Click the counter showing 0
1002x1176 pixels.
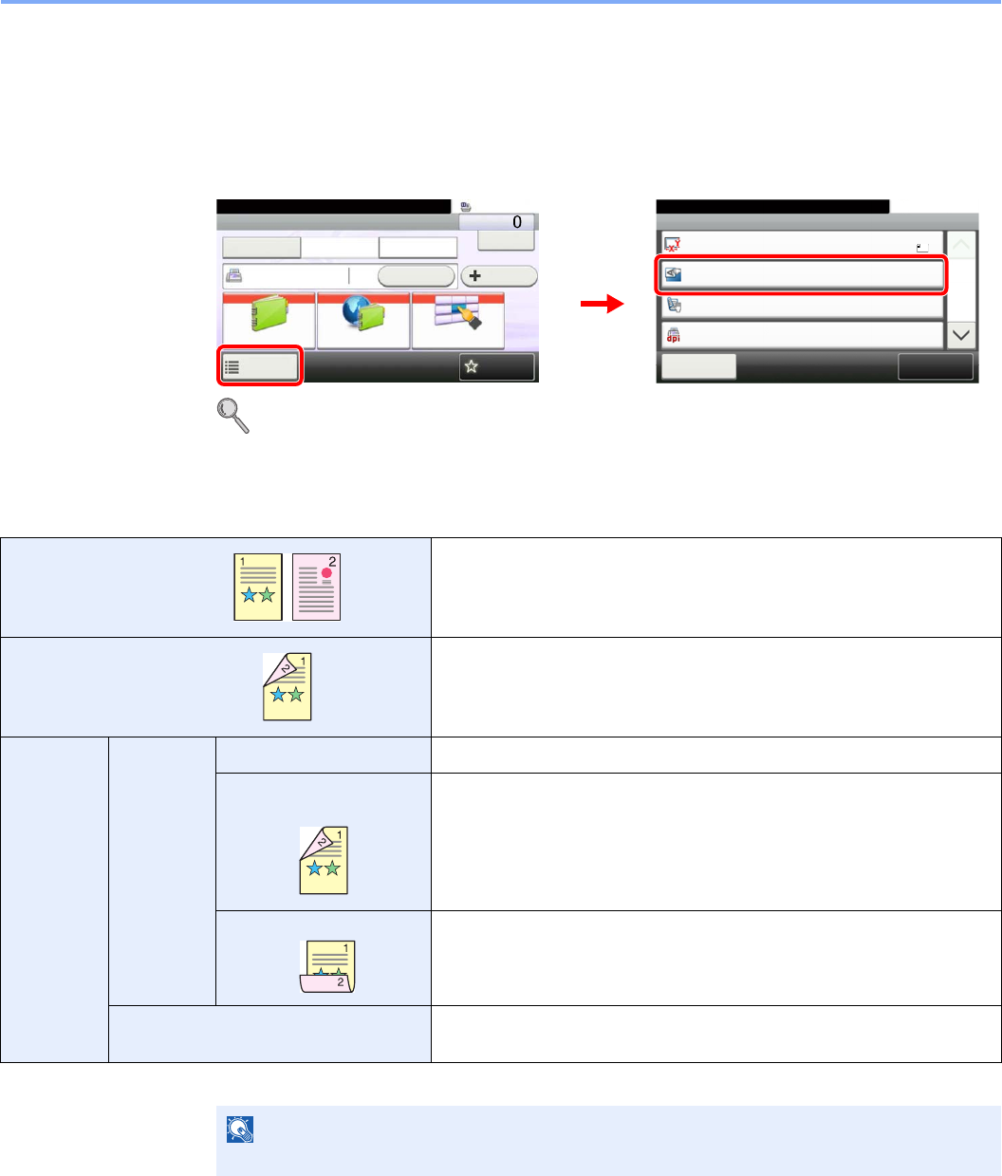(x=496, y=221)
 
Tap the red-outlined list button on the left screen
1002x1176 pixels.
(x=260, y=365)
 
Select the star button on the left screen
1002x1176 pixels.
(x=496, y=366)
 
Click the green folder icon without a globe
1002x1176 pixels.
(x=269, y=322)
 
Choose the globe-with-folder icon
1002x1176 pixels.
(x=363, y=322)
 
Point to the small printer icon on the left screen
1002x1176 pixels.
(x=233, y=276)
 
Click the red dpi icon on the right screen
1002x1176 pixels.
(x=674, y=335)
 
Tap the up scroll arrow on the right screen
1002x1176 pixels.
(x=961, y=246)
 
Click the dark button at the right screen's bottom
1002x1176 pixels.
(x=935, y=366)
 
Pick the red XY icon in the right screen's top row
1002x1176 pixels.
(x=674, y=244)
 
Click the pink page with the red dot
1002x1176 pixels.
(x=316, y=588)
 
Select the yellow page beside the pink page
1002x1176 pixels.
(x=258, y=588)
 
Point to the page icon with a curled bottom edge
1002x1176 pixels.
(x=326, y=966)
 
